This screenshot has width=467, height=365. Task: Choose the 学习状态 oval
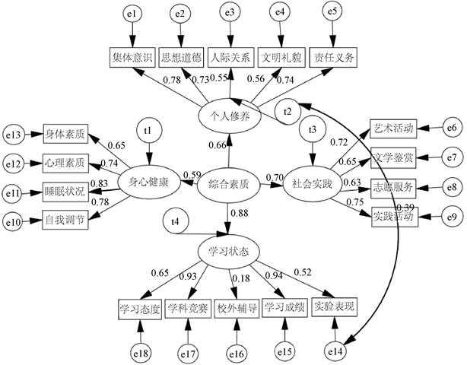pos(229,250)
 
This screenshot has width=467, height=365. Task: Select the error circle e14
pos(335,351)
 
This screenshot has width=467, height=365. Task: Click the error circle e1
pos(132,14)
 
